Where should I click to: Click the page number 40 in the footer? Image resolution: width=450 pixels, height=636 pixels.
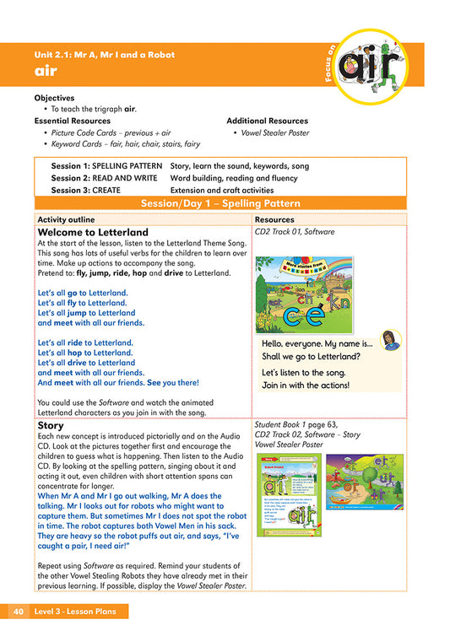(19, 611)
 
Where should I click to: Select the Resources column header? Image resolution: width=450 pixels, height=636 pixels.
(274, 219)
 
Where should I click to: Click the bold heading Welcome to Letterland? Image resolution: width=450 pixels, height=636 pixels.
(93, 232)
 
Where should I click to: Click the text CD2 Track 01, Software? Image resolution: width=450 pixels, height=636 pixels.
(294, 231)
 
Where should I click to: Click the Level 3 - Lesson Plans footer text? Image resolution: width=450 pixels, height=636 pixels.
(80, 611)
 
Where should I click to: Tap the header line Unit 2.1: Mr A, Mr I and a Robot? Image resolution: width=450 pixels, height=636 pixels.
(104, 55)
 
